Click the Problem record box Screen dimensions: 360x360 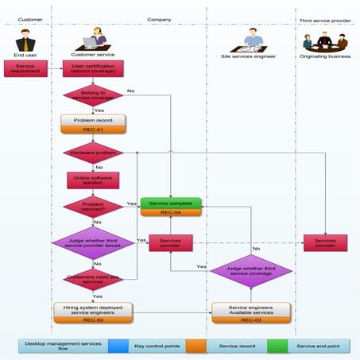click(93, 121)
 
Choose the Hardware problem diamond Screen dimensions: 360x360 click(93, 151)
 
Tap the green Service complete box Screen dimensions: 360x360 click(171, 203)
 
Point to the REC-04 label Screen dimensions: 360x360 click(171, 213)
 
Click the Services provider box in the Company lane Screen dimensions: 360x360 click(171, 242)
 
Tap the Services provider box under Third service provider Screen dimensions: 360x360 click(326, 242)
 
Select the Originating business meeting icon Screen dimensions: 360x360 click(326, 40)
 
